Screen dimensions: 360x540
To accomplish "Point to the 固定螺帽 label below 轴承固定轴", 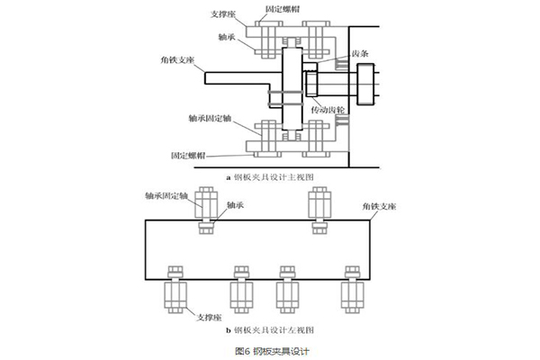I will click(x=187, y=155).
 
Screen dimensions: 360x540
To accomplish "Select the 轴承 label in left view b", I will click(x=236, y=207).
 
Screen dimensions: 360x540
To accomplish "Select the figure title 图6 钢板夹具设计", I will click(x=270, y=349).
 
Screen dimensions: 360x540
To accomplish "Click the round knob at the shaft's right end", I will click(x=366, y=87).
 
